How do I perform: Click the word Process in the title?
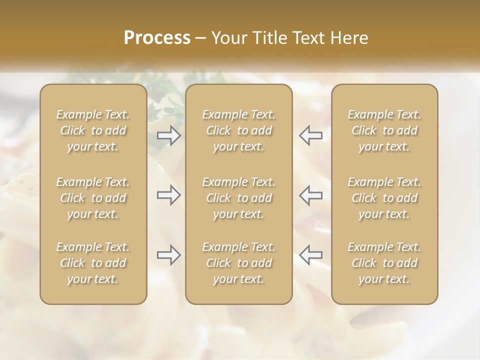pos(157,38)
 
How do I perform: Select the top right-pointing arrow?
pos(168,135)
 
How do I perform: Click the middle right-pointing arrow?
pos(168,195)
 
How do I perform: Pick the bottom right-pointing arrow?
pos(168,255)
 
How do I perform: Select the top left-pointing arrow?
pos(310,135)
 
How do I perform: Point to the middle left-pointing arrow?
pos(310,195)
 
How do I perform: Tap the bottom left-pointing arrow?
pos(310,255)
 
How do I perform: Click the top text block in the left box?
pos(93,130)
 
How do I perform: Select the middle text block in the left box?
pos(93,198)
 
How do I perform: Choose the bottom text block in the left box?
pos(93,263)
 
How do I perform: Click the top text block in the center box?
pos(239,130)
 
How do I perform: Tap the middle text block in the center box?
pos(239,198)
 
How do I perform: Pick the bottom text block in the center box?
pos(239,263)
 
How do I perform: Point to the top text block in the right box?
pos(384,130)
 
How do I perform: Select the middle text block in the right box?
pos(384,198)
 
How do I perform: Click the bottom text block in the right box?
pos(384,263)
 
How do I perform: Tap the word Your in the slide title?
pos(228,38)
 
